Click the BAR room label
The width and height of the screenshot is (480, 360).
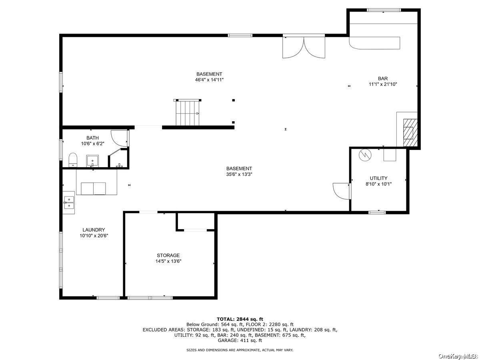point(383,78)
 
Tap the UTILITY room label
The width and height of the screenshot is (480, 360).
point(378,178)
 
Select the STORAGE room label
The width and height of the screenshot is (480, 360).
point(168,255)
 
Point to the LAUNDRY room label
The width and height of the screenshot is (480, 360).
point(94,230)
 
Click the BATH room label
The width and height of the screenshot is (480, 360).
point(92,138)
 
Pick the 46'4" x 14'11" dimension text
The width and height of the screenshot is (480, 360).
point(209,80)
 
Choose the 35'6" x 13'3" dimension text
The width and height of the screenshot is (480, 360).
point(239,174)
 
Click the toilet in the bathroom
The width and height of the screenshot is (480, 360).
point(73,160)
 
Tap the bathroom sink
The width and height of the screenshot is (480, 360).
point(92,161)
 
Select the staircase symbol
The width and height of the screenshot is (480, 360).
point(188,112)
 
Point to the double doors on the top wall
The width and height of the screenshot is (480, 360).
point(304,47)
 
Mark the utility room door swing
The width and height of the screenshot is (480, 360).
point(342,191)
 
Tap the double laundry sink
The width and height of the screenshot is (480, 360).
point(69,203)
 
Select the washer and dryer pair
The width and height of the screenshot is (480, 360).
point(93,189)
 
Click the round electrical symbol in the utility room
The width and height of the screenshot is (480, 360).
point(365,155)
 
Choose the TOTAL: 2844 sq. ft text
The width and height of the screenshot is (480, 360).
point(240,319)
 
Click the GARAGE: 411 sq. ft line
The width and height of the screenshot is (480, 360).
point(240,340)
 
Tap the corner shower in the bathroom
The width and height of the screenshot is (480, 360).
point(118,158)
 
